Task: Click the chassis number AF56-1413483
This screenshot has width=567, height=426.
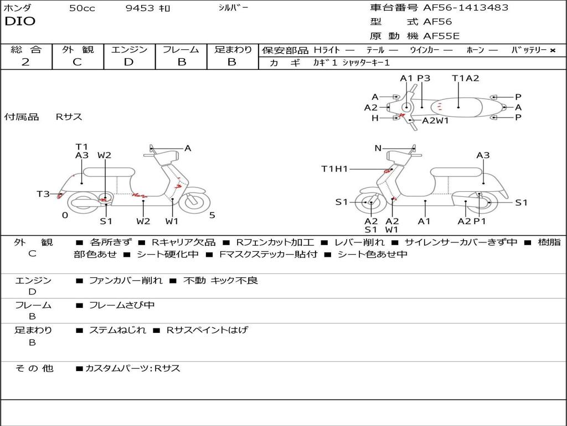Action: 458,8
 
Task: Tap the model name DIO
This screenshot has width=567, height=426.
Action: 20,22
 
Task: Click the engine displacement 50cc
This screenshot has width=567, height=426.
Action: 81,8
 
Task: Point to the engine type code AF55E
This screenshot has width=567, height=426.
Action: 441,36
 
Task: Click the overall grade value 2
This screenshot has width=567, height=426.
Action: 25,62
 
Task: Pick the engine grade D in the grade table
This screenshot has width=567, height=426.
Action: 128,62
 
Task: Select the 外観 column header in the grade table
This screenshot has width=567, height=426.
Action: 78,50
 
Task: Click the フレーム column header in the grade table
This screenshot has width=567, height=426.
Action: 181,50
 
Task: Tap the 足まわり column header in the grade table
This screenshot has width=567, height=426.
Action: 233,50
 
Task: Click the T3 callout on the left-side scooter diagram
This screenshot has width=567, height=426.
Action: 43,194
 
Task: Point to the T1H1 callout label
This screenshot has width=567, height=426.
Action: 334,169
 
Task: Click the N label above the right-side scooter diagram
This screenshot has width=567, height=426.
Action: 378,148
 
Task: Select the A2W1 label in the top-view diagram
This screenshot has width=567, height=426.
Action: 435,120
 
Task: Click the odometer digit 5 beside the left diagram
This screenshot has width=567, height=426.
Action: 212,215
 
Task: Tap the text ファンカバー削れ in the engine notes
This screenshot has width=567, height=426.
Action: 126,281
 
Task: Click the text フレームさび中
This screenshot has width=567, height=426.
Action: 122,305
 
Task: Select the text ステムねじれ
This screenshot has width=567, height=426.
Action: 117,330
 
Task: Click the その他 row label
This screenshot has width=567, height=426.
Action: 34,368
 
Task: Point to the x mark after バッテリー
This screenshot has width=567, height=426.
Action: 552,50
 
